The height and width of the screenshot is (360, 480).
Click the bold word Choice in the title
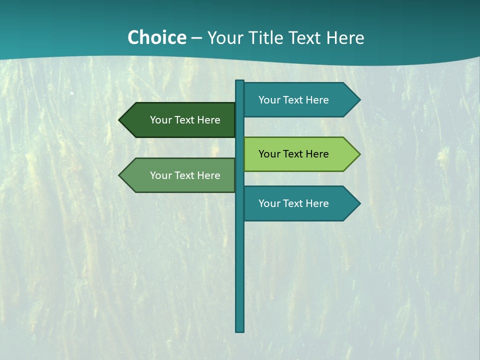coord(156,38)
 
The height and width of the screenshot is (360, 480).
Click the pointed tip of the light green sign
coord(358,154)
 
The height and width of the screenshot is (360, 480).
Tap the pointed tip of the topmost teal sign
coord(358,100)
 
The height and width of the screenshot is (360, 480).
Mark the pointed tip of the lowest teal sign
coord(358,203)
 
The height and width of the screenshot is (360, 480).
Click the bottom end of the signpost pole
coord(240,330)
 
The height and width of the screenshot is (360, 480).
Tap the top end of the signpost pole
coord(240,82)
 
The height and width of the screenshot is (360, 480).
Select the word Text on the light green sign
coord(294,154)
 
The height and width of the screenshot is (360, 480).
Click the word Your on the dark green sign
coord(161,120)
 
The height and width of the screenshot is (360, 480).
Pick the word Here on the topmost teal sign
coord(317,100)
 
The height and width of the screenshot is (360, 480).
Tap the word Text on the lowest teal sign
coord(294,203)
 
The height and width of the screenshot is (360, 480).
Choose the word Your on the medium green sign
coord(161,175)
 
